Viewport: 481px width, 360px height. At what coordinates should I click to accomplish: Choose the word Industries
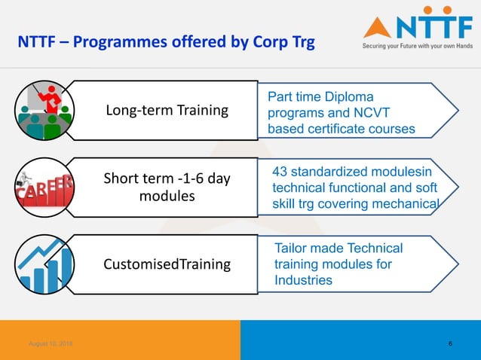(303, 280)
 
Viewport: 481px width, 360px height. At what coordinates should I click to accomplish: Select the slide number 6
(450, 344)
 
